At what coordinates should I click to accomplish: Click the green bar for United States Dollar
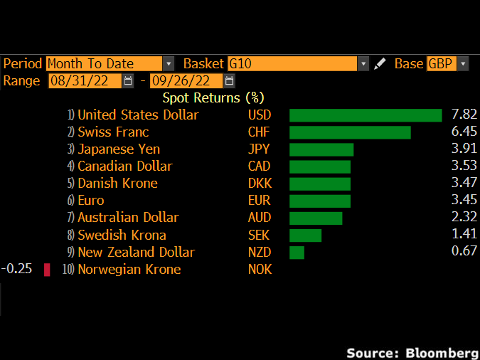pos(366,115)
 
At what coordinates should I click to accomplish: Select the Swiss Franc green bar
pos(350,132)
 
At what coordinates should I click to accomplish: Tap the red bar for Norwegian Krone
pos(47,270)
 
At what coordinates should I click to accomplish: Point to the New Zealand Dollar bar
pos(297,253)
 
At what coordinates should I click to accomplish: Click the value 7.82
pos(464,115)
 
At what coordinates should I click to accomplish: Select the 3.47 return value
pos(464,184)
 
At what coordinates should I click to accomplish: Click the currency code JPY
pos(259,149)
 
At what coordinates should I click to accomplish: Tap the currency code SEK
pos(259,235)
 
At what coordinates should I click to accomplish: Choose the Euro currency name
pos(90,201)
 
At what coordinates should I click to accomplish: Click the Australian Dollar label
pos(128,218)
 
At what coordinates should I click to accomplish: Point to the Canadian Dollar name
pos(124,166)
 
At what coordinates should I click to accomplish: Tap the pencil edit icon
pos(380,63)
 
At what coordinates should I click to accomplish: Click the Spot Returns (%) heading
pos(213,97)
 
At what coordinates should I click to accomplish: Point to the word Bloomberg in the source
pos(441,352)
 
